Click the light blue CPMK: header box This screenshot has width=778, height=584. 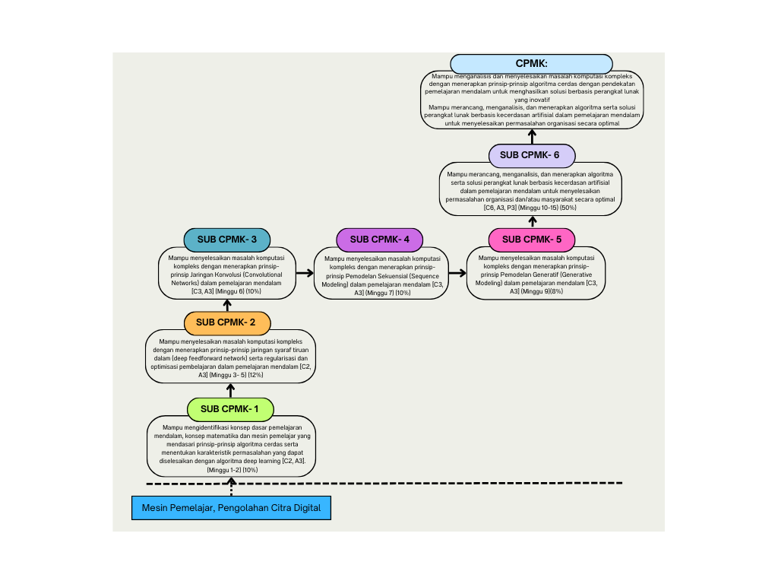[531, 64]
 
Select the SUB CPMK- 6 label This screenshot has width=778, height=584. [532, 155]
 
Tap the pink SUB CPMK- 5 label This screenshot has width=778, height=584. [532, 240]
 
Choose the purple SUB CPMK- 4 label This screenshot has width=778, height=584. [379, 240]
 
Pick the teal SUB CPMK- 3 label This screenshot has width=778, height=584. [227, 240]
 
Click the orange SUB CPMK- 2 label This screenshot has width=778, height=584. [227, 322]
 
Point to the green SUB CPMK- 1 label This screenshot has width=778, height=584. [230, 409]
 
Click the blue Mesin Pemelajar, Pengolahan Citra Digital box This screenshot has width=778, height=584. [231, 508]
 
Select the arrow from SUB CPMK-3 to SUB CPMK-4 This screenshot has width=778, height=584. [305, 271]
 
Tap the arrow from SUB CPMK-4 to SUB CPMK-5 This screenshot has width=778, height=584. [457, 271]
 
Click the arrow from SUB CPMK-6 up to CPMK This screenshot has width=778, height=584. [532, 137]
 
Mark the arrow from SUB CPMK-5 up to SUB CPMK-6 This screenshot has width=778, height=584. [532, 221]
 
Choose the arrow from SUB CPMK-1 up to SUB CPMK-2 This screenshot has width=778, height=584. [230, 390]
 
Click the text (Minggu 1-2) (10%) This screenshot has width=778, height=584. [232, 470]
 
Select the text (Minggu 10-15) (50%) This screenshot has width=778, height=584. [548, 208]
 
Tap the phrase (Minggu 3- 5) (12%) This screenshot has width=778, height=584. [231, 375]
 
